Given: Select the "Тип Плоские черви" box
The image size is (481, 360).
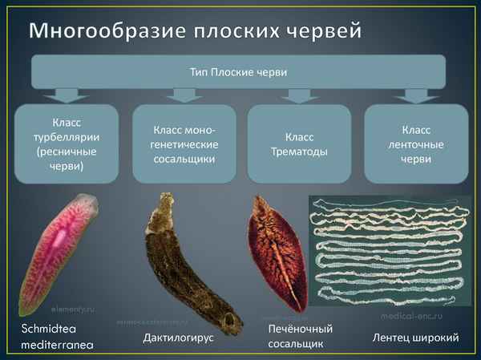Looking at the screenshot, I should pyautogui.click(x=237, y=72).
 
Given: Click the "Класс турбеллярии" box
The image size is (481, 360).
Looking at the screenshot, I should pyautogui.click(x=65, y=144).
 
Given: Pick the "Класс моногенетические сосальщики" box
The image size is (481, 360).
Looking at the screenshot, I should pyautogui.click(x=184, y=144).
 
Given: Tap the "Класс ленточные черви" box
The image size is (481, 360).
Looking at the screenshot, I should pyautogui.click(x=416, y=144).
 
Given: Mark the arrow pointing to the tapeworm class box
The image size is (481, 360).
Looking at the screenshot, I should pyautogui.click(x=416, y=95).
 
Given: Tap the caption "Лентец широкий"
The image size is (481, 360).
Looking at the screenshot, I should pyautogui.click(x=415, y=338).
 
